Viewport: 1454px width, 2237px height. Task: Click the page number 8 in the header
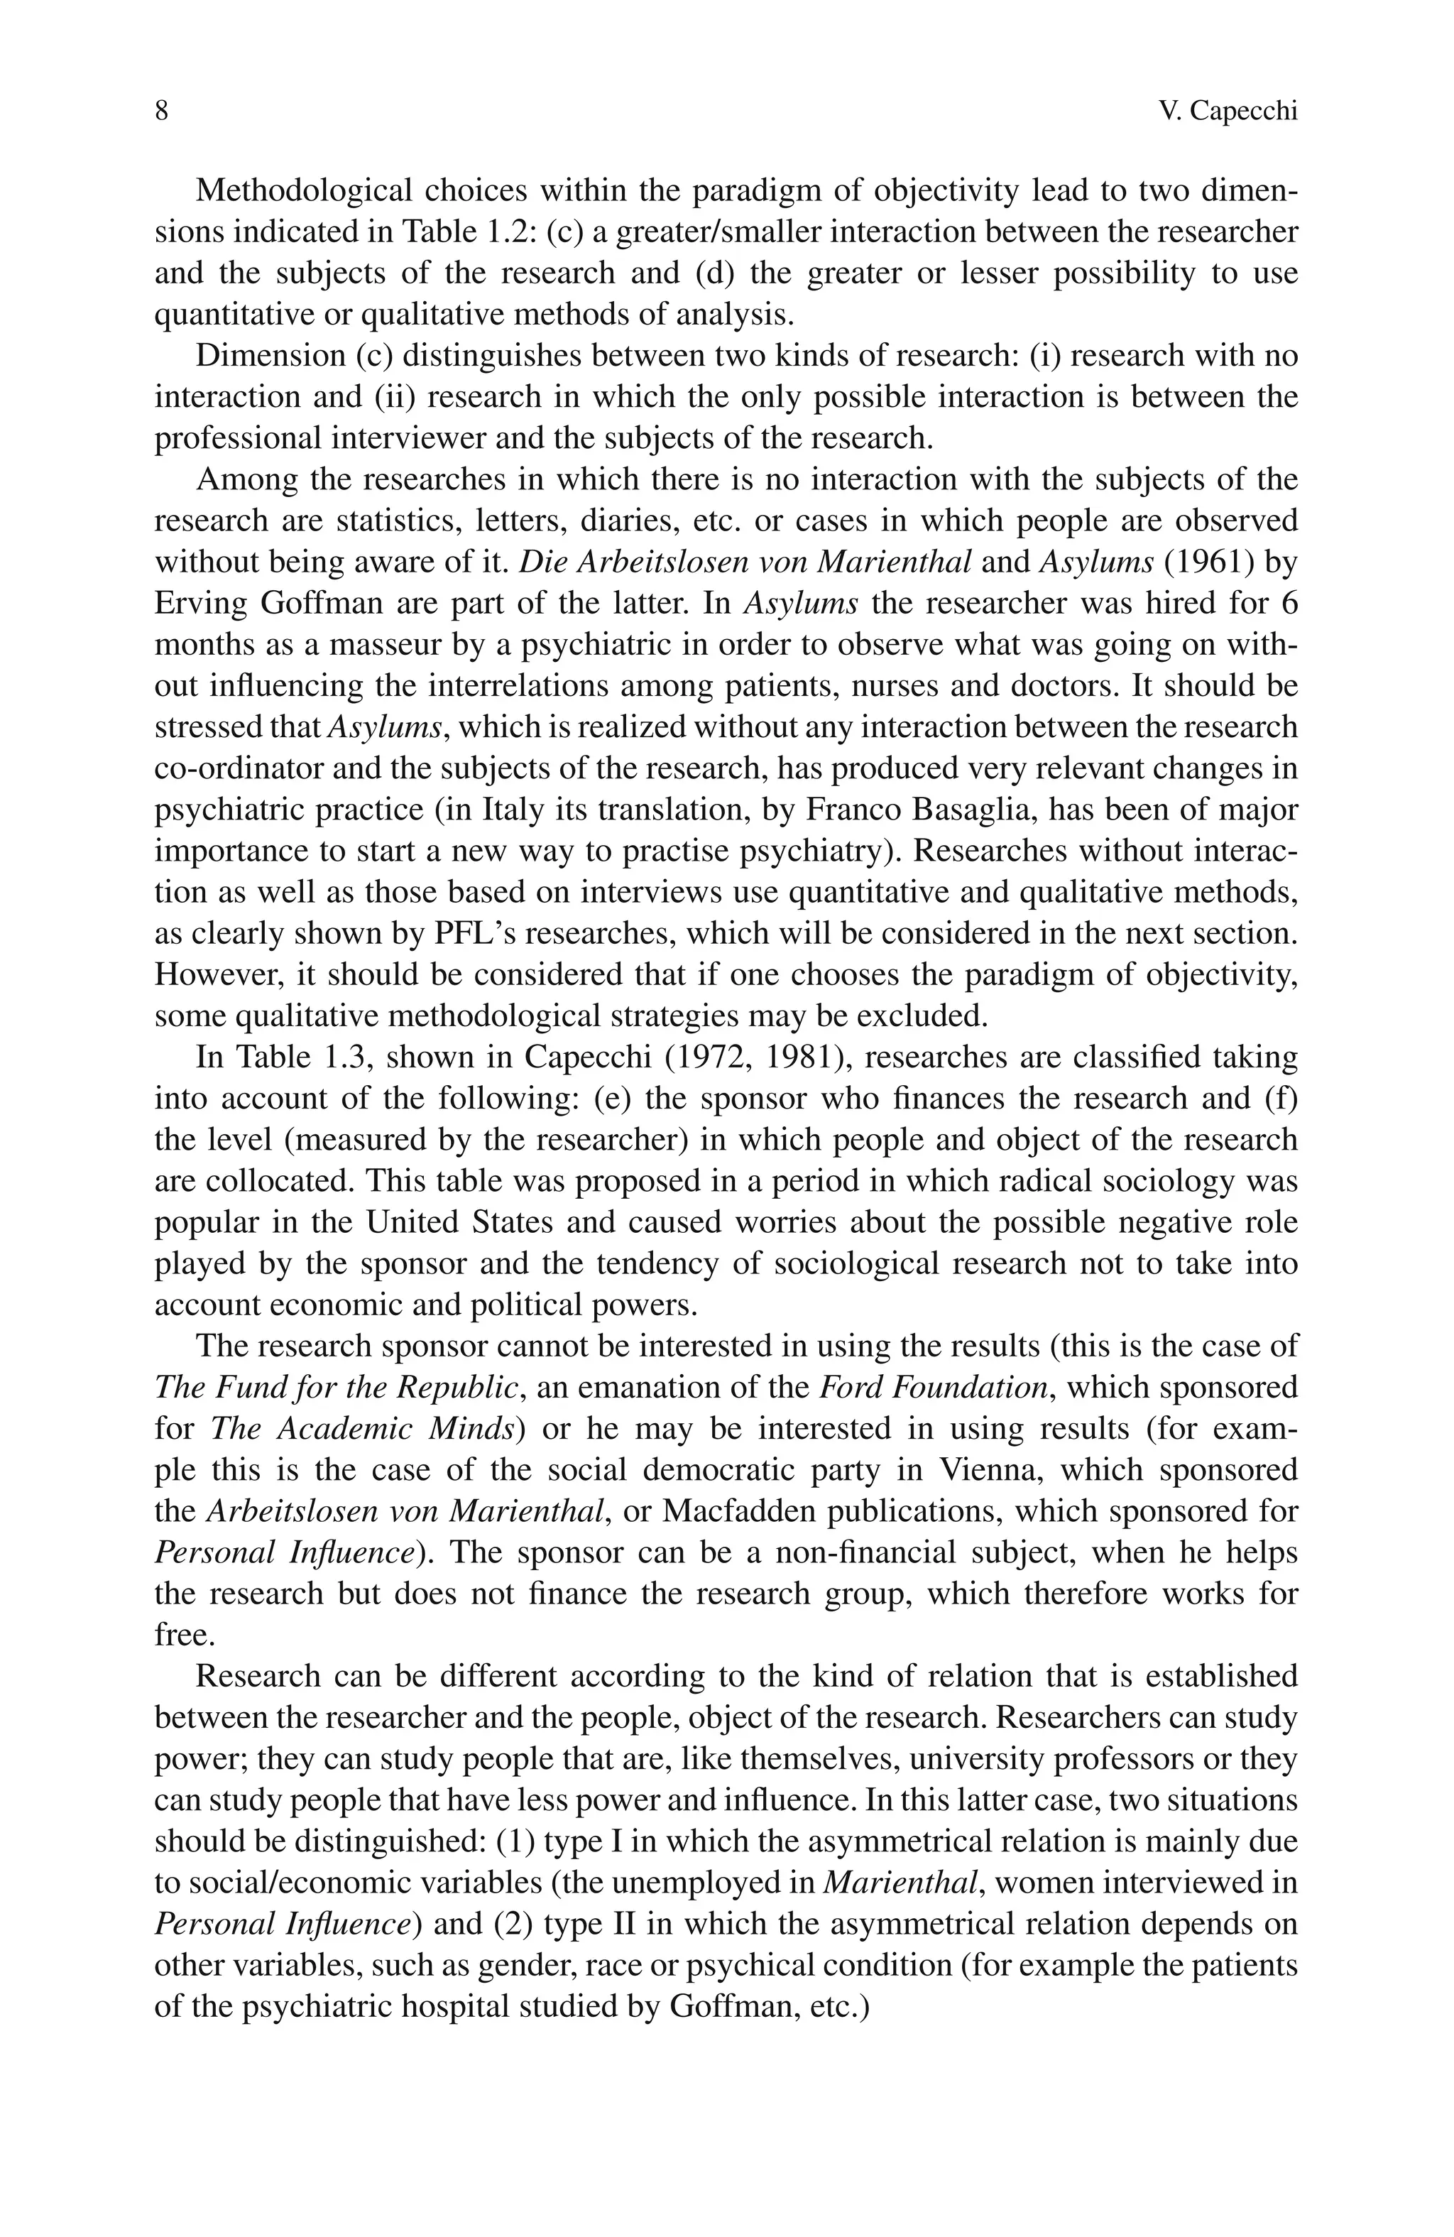point(160,112)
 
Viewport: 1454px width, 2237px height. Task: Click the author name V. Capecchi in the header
point(1228,112)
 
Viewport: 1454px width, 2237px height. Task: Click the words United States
point(459,1223)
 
